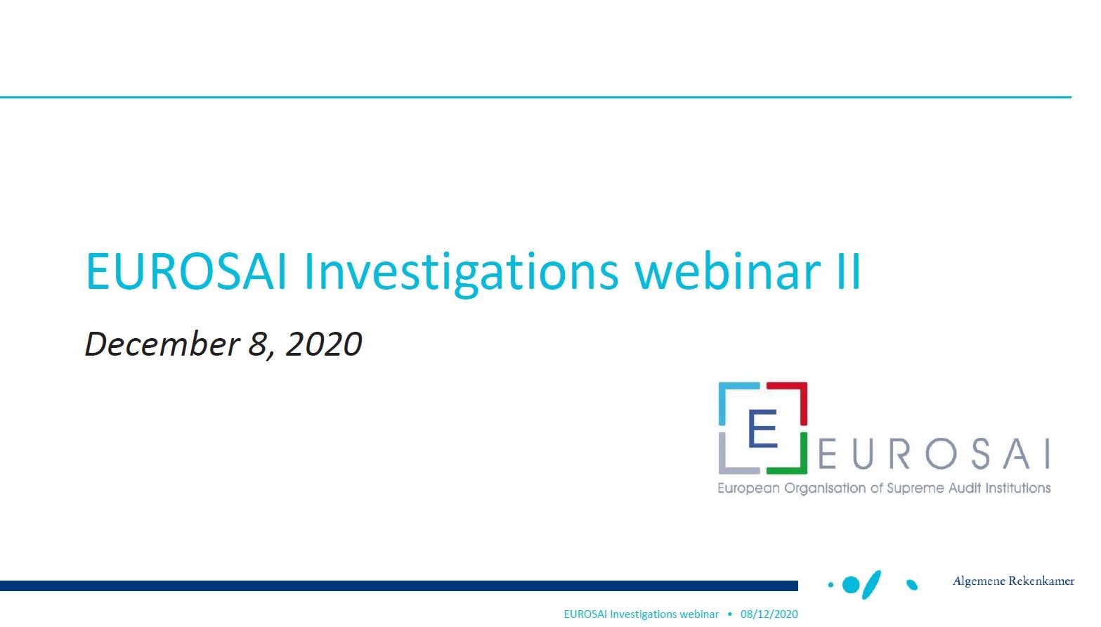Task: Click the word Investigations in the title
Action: click(461, 273)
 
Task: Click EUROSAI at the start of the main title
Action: click(185, 271)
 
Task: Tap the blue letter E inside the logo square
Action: click(762, 428)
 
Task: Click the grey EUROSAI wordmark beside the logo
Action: click(934, 453)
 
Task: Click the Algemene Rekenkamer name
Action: click(1013, 581)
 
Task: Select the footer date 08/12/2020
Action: click(769, 614)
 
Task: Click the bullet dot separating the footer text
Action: click(729, 614)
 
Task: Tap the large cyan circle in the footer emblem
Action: click(851, 586)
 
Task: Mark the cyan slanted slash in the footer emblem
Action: click(871, 585)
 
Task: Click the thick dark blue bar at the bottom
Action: click(398, 586)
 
